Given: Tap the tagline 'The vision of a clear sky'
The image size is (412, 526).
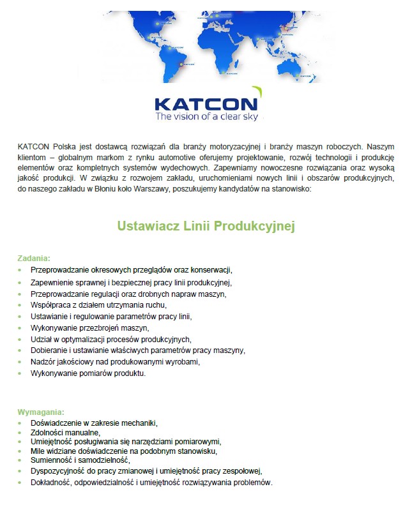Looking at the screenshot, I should pos(206,117).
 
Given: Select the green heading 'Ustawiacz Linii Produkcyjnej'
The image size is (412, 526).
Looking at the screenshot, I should pos(206,227).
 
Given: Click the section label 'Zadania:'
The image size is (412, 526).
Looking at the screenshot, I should pos(33,258).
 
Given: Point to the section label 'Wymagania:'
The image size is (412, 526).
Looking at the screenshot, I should pos(40,412).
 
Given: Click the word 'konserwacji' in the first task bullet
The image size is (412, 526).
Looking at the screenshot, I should pos(210,270).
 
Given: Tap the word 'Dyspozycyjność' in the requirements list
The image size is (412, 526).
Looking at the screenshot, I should pos(58,471).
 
